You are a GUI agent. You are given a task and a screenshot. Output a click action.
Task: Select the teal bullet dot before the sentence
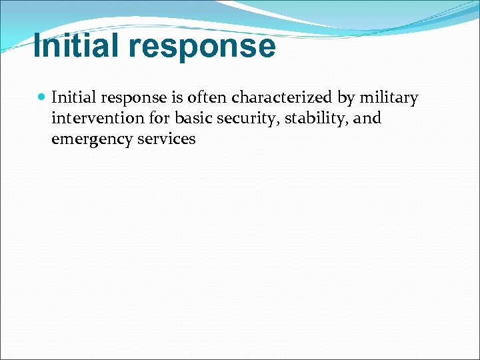pyautogui.click(x=41, y=98)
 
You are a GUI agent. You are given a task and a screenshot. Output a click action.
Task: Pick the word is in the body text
pyautogui.click(x=177, y=98)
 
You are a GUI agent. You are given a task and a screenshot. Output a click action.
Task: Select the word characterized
pyautogui.click(x=283, y=98)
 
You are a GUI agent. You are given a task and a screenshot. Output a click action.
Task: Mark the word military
pyautogui.click(x=389, y=99)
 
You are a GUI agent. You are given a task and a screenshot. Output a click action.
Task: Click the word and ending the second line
pyautogui.click(x=367, y=119)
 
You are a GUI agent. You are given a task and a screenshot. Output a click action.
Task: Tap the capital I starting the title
pyautogui.click(x=37, y=47)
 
